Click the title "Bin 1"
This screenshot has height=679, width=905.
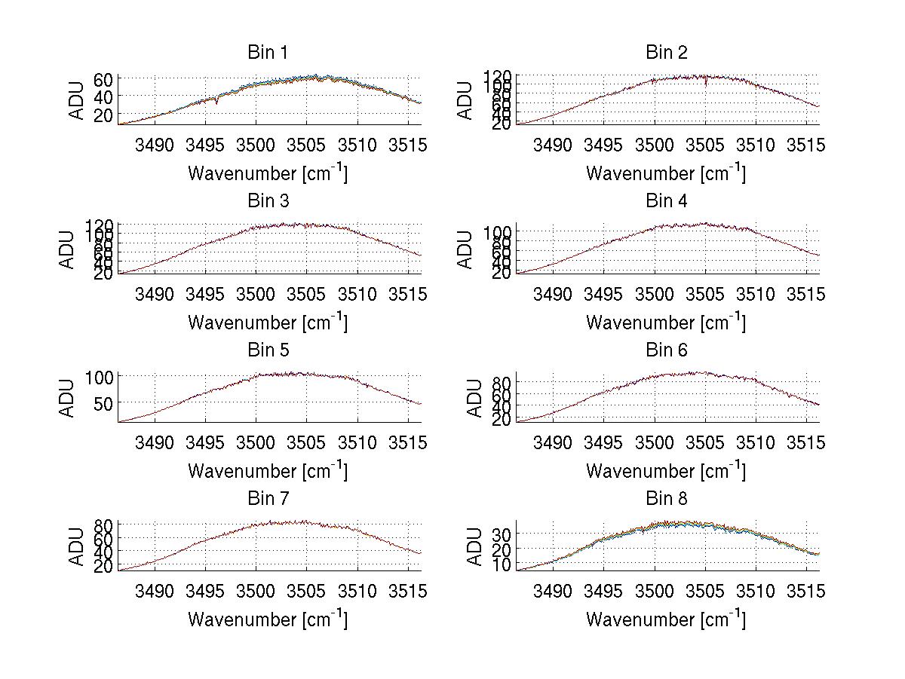[x=268, y=52]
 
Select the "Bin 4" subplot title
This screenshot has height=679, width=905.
[x=667, y=200]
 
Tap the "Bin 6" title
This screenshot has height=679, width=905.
[x=667, y=350]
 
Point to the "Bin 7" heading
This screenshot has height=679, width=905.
[x=268, y=498]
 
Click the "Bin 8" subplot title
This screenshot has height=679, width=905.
[x=667, y=498]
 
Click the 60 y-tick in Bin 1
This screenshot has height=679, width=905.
[x=104, y=79]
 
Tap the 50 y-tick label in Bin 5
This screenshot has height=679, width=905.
[x=104, y=402]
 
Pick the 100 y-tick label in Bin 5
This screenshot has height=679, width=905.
[x=99, y=376]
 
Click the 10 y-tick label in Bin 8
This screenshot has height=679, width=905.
[x=503, y=564]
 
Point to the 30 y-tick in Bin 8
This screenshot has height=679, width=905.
[x=503, y=534]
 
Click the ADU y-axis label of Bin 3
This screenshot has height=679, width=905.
[x=68, y=249]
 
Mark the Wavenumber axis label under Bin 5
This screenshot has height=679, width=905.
[x=268, y=470]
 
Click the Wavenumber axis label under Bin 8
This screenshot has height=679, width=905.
[x=667, y=619]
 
